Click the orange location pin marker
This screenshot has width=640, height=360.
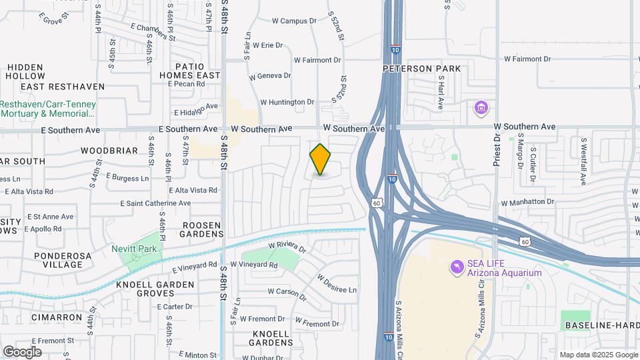pos(321,159)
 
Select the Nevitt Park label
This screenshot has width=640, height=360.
pos(138,249)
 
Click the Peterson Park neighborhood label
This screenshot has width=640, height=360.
pos(421,69)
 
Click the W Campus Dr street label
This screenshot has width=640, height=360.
pos(294,21)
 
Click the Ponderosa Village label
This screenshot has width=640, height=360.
pos(59,260)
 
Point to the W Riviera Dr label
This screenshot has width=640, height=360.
pos(287,248)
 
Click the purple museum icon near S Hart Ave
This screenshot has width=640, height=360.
pos(481,107)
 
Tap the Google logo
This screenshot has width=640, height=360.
pos(22,351)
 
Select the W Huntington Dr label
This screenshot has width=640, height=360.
pos(287,102)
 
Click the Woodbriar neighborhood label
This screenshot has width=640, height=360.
pos(109,151)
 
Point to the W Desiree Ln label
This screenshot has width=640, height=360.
pos(337,285)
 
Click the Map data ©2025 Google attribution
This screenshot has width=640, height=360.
pos(598,355)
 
